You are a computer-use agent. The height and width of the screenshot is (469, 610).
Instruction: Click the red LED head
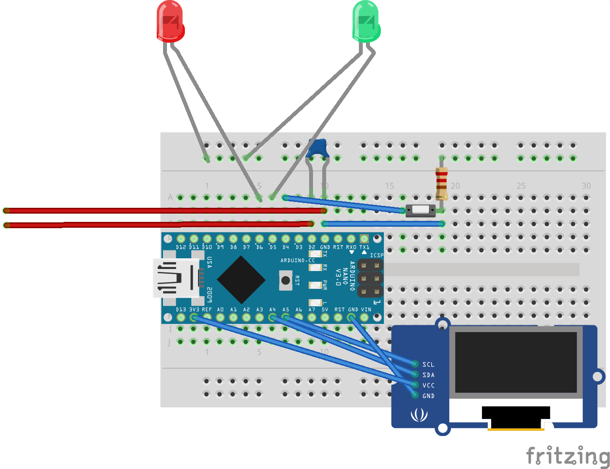[170, 21]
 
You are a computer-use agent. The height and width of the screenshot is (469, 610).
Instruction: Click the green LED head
[366, 21]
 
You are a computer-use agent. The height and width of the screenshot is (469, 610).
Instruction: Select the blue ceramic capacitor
[317, 149]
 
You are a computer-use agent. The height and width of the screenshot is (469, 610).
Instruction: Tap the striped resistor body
[441, 184]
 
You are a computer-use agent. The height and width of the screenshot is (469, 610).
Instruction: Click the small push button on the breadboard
[421, 210]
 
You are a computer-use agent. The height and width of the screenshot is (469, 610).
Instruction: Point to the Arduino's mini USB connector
[176, 278]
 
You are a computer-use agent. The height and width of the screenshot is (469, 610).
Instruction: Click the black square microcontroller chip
[241, 279]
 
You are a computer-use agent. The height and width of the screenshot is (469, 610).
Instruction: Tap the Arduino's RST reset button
[286, 280]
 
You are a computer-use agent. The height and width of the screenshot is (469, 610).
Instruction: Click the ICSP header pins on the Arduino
[370, 279]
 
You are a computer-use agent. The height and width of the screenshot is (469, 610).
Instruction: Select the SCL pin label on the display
[428, 365]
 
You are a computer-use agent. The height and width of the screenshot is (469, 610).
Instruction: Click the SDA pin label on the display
[428, 375]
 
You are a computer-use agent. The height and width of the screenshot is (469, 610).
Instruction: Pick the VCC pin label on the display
[428, 385]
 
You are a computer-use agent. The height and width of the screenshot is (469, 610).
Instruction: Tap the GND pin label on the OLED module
[428, 396]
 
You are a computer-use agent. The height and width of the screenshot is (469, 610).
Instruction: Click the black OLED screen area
[516, 362]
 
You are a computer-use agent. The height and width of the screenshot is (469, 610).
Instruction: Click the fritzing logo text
[567, 456]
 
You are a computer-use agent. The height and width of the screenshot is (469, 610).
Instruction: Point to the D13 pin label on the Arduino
[181, 309]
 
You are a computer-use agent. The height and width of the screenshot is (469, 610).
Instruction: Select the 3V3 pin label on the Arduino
[194, 309]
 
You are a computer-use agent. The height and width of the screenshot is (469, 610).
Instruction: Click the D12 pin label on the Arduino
[181, 247]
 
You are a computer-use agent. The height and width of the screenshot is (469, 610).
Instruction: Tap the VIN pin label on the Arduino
[366, 309]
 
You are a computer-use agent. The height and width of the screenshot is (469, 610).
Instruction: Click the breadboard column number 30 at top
[586, 186]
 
